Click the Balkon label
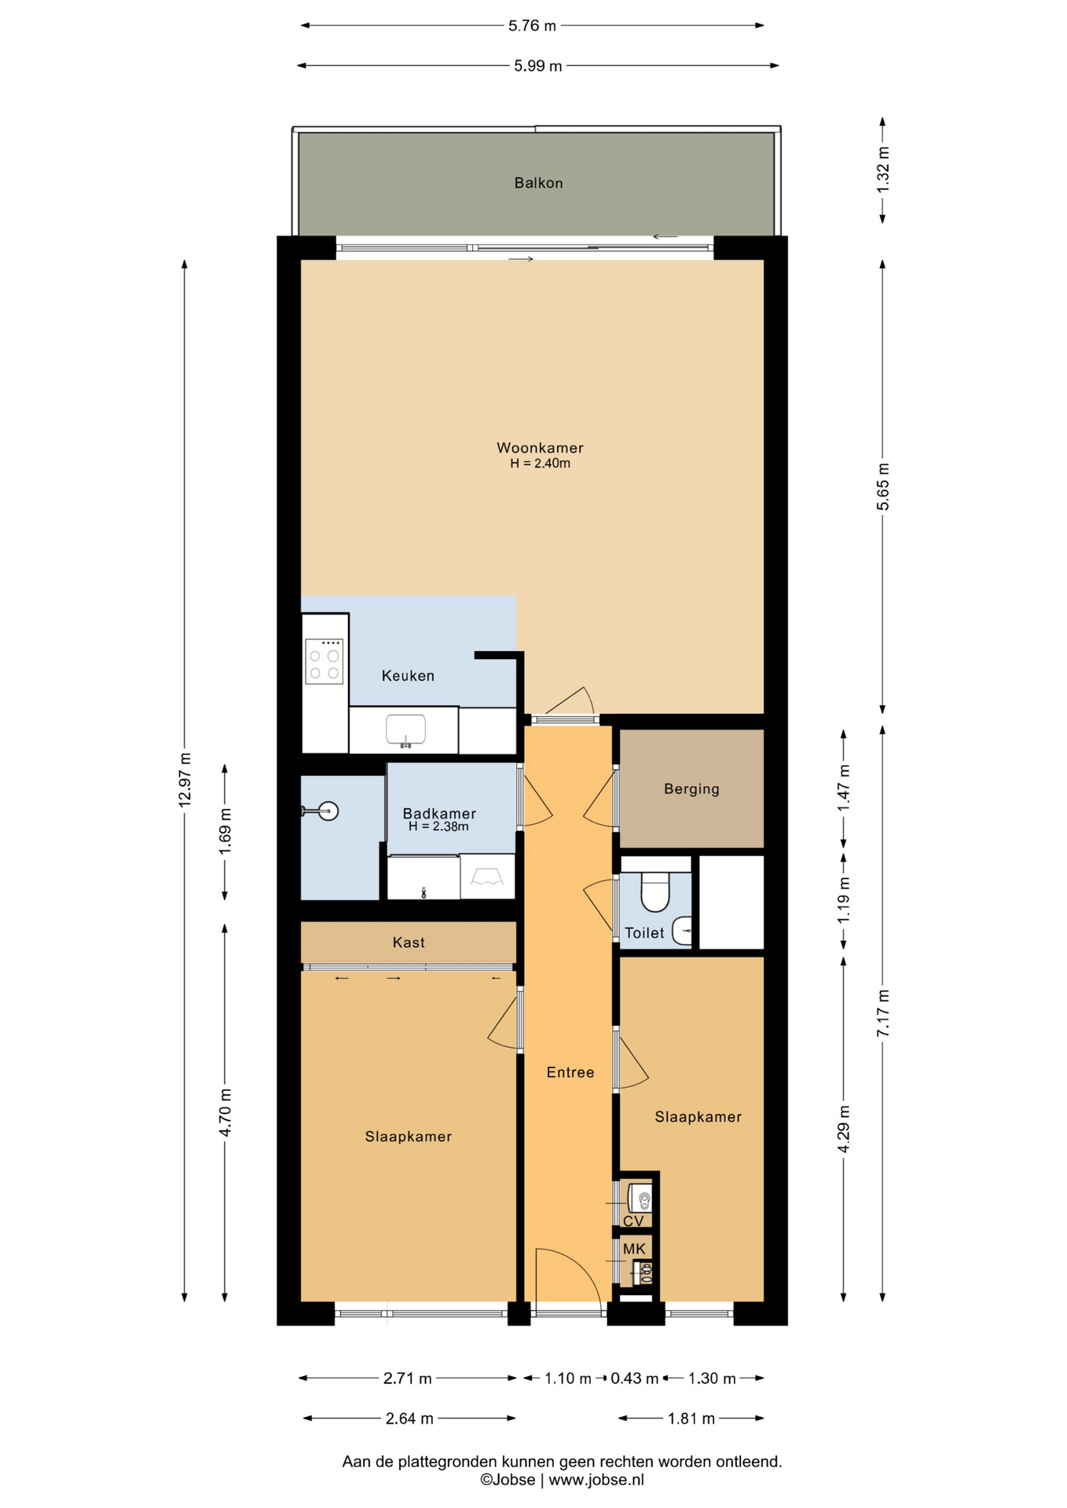[538, 183]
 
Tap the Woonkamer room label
[540, 448]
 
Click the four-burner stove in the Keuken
[324, 661]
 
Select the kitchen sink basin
[405, 730]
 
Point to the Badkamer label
[439, 814]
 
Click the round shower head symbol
[328, 811]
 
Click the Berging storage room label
[691, 789]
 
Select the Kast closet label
[409, 942]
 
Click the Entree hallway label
[570, 1072]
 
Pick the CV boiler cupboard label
[633, 1221]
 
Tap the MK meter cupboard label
[634, 1249]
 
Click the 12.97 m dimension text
[185, 780]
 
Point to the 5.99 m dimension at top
[538, 66]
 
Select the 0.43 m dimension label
[635, 1378]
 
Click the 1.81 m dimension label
[691, 1418]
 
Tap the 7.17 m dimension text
[883, 1013]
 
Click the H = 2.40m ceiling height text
[541, 463]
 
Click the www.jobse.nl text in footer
[596, 1480]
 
